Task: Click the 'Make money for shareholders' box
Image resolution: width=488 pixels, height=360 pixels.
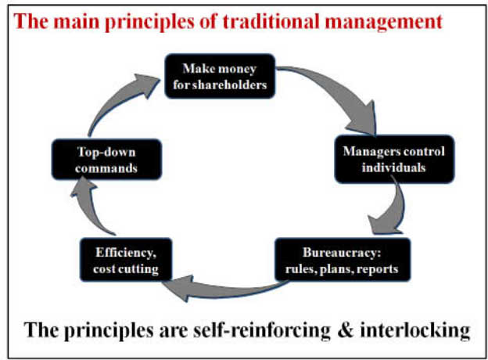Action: [x=220, y=76]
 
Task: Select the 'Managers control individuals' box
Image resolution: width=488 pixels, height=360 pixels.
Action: [x=394, y=159]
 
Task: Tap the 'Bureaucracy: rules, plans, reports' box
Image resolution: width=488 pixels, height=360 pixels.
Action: [x=343, y=260]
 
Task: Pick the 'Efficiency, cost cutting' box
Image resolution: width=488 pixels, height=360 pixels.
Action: [x=126, y=260]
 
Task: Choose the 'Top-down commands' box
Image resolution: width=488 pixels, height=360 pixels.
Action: [x=106, y=160]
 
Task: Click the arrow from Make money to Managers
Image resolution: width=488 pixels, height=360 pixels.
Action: [x=339, y=90]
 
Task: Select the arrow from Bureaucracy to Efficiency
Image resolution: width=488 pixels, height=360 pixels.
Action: [x=224, y=290]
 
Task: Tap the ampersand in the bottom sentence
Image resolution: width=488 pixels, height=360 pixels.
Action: [x=345, y=330]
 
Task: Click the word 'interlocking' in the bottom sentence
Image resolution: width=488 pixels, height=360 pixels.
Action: [x=414, y=331]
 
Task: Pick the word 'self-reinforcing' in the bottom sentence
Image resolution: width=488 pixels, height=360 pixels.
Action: [x=262, y=331]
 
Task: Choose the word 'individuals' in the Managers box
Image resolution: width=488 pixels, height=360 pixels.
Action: [x=393, y=167]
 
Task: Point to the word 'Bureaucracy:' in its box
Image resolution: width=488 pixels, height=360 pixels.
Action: [x=342, y=252]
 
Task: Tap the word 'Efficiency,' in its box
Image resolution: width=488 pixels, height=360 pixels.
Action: [x=126, y=253]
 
